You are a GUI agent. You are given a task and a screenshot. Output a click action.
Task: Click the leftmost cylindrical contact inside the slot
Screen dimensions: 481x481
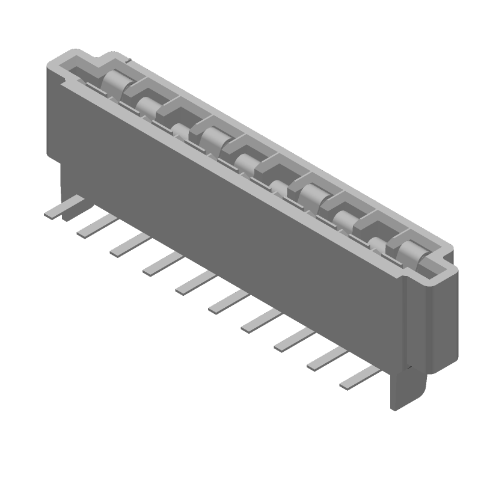click(112, 81)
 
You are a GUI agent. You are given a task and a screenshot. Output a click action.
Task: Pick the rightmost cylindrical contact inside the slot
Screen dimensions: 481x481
click(409, 251)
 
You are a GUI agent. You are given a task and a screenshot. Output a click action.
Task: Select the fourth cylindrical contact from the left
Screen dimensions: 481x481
click(212, 139)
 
